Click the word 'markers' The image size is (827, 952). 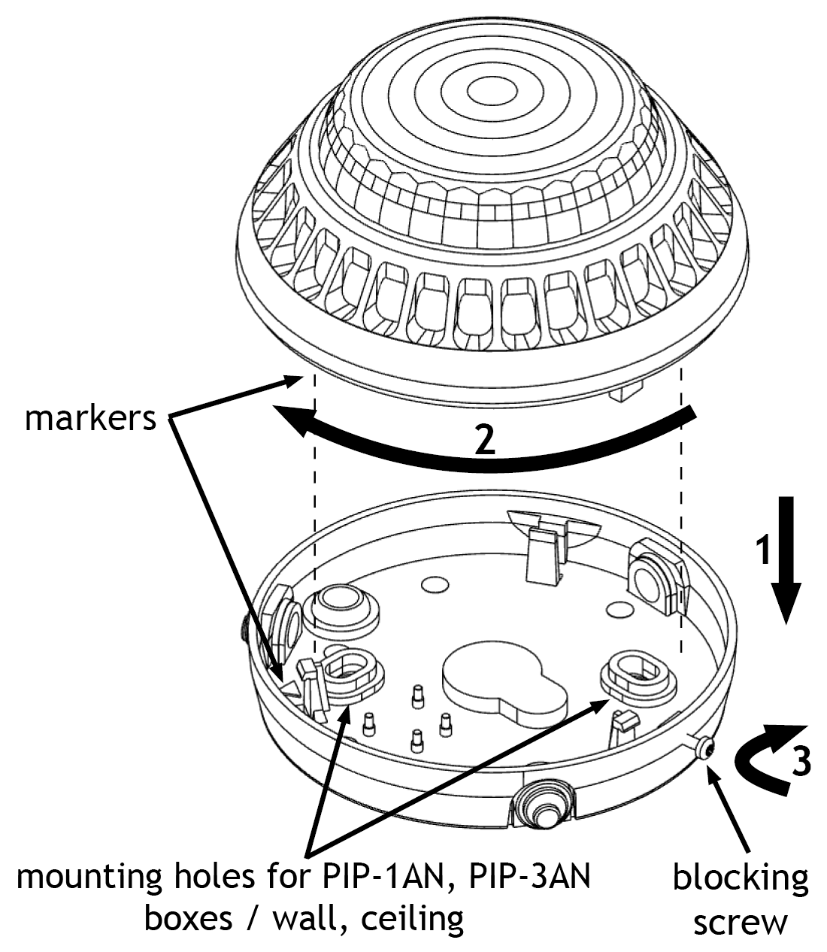pos(90,419)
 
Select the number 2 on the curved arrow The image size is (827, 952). pos(485,441)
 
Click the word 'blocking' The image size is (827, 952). pos(741,878)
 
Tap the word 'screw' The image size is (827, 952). pos(741,922)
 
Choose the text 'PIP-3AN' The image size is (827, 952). pos(529,876)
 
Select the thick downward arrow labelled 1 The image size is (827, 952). pos(786,559)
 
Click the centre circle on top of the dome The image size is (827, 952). pos(492,91)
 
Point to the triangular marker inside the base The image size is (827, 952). pos(292,688)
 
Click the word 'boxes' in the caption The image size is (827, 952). pos(189,920)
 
